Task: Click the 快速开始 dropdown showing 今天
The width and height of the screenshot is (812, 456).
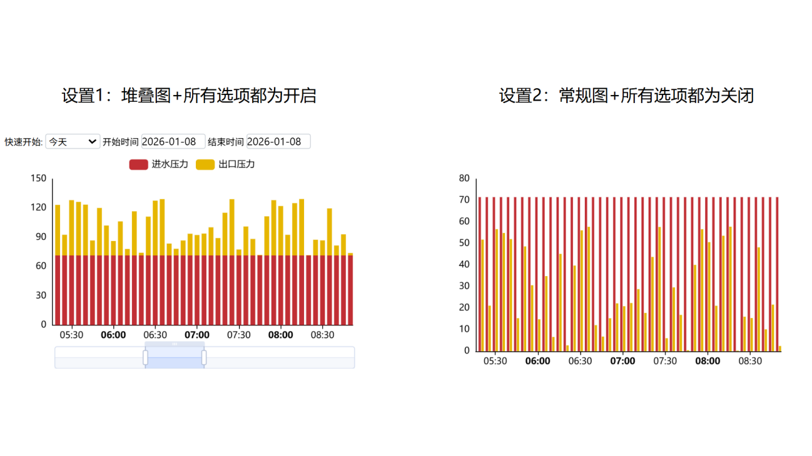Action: pyautogui.click(x=73, y=142)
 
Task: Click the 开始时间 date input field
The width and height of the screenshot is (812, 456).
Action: pyautogui.click(x=173, y=142)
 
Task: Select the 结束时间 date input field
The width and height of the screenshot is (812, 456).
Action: pyautogui.click(x=278, y=142)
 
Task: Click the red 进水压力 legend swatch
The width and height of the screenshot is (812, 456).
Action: pyautogui.click(x=138, y=165)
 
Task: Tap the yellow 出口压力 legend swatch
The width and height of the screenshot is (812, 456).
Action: pyautogui.click(x=205, y=165)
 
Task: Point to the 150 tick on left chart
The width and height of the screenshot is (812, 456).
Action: pyautogui.click(x=39, y=179)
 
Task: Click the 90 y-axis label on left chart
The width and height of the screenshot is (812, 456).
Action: pyautogui.click(x=41, y=237)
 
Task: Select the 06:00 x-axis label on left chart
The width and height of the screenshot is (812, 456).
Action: pyautogui.click(x=113, y=335)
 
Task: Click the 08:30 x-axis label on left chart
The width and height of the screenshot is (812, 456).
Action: pyautogui.click(x=322, y=335)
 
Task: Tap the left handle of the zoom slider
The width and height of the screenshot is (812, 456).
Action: pyautogui.click(x=145, y=357)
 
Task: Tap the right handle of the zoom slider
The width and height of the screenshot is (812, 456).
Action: pyautogui.click(x=204, y=357)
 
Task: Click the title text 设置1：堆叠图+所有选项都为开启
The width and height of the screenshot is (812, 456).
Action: pyautogui.click(x=189, y=96)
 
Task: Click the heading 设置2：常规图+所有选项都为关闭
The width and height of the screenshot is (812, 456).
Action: pyautogui.click(x=626, y=96)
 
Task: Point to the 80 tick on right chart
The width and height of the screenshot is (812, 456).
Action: pyautogui.click(x=464, y=178)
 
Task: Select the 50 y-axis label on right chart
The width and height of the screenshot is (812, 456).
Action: pyautogui.click(x=464, y=243)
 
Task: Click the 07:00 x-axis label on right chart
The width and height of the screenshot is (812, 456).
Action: pyautogui.click(x=622, y=361)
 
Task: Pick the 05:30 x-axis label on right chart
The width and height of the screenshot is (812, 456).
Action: pyautogui.click(x=495, y=361)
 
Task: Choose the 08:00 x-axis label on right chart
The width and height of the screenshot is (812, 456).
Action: pyautogui.click(x=708, y=361)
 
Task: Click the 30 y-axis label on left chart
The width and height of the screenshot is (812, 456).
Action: pyautogui.click(x=41, y=295)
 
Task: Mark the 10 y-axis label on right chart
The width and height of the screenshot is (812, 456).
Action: pyautogui.click(x=464, y=329)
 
